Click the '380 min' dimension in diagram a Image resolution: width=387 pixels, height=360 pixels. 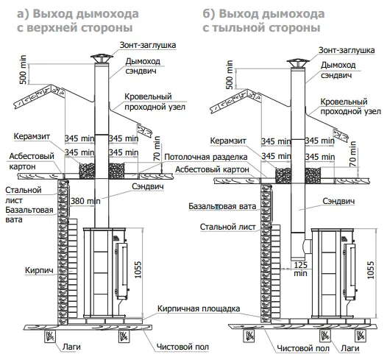(x=85, y=201)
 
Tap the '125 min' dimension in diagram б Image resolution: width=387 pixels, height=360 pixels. (x=301, y=269)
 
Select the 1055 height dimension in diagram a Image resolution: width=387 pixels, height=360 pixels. (x=138, y=269)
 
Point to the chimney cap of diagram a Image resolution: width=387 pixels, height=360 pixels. (x=102, y=58)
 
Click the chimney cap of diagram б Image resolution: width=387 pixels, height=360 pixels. (x=298, y=63)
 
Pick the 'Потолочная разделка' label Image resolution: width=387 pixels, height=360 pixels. (x=205, y=157)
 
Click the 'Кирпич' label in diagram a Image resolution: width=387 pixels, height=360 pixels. (x=39, y=270)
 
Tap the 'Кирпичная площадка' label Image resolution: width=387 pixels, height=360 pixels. (x=199, y=308)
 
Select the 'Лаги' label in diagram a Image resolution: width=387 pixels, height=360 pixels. (x=71, y=347)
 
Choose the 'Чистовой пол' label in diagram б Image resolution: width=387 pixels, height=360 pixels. (x=303, y=348)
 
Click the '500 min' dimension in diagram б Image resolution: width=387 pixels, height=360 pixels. (x=230, y=74)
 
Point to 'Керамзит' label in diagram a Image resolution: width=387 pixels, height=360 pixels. (x=32, y=136)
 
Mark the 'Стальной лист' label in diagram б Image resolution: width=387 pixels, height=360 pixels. (x=227, y=227)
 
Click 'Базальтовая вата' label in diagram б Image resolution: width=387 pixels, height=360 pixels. (x=222, y=206)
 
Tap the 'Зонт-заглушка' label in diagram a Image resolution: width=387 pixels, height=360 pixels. (x=148, y=45)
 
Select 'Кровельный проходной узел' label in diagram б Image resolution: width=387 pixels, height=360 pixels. (x=350, y=107)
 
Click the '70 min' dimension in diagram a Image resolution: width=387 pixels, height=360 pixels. (x=157, y=149)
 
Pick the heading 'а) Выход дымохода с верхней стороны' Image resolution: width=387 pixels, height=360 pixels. (x=78, y=21)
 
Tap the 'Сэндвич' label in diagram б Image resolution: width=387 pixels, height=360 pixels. (x=338, y=201)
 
